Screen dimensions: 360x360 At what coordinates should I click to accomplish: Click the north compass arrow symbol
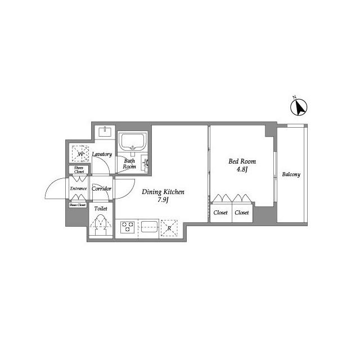299,107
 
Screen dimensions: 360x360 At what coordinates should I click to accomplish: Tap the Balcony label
291,174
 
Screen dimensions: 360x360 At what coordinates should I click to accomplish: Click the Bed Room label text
242,161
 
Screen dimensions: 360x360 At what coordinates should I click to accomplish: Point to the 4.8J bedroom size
242,169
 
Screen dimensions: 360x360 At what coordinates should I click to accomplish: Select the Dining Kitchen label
163,192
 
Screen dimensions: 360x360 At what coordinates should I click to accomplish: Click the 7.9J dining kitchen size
163,200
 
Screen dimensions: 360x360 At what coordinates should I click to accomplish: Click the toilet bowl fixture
101,225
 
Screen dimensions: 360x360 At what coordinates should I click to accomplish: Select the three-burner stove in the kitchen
128,227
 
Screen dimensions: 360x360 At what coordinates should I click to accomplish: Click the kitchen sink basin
150,226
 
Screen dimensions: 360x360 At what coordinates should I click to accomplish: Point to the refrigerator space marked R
169,228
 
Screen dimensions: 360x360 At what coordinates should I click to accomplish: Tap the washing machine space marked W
80,154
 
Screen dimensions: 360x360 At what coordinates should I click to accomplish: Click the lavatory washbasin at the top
105,132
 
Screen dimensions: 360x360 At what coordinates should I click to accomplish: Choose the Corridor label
101,189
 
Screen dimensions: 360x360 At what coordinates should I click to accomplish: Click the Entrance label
79,188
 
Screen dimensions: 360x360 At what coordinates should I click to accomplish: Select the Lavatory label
102,154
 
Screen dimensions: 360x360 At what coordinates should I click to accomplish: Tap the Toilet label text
101,209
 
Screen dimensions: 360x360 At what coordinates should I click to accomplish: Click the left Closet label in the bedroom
220,213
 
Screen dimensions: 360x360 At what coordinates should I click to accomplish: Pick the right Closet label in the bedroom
242,213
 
